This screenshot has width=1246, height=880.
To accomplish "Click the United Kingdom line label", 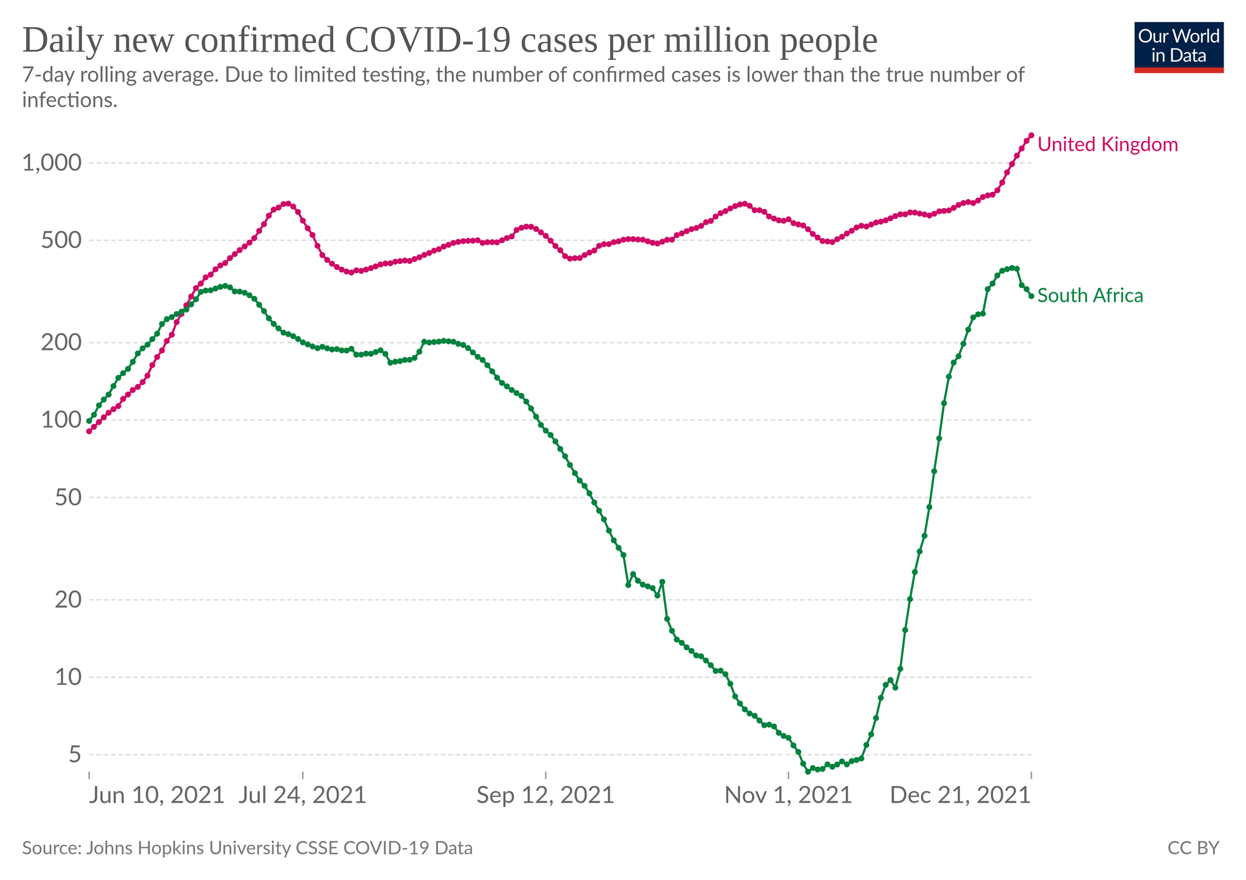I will tap(1108, 145).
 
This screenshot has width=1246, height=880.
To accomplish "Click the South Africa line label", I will tap(1090, 295).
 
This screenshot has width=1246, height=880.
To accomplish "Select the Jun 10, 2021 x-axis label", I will tap(156, 796).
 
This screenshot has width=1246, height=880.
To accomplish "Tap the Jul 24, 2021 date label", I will tap(303, 796).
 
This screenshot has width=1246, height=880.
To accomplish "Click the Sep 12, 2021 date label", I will tap(546, 796).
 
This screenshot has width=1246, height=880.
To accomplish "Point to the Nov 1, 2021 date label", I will tap(789, 796).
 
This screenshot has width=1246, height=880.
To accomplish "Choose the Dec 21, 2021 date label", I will tap(959, 796).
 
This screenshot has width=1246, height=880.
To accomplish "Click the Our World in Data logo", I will tap(1179, 47).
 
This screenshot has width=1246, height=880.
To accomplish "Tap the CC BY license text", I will tap(1192, 848).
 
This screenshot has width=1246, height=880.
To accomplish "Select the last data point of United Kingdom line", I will tap(1031, 135).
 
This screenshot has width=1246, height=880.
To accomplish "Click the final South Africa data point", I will tap(1031, 296).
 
